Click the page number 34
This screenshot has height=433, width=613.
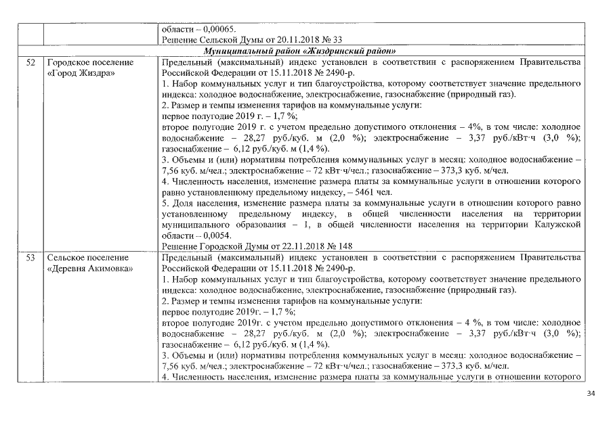click(589, 393)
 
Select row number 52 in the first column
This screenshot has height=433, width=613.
click(30, 62)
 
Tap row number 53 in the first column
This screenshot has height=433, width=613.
click(30, 258)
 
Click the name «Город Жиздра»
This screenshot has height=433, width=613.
click(81, 73)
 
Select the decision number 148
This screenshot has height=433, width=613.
click(345, 246)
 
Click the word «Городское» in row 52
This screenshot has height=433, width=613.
click(70, 62)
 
